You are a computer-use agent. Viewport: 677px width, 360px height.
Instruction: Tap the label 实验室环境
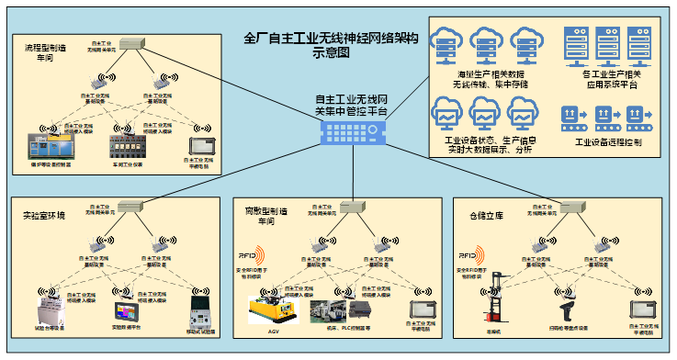tap(44, 215)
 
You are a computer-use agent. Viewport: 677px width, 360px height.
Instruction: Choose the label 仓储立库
tap(474, 215)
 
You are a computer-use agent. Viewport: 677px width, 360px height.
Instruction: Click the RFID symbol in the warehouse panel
tap(469, 254)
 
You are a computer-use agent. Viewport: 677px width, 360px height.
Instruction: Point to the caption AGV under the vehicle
tap(275, 331)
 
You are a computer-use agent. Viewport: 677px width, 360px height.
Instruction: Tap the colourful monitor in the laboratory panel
tap(124, 310)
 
